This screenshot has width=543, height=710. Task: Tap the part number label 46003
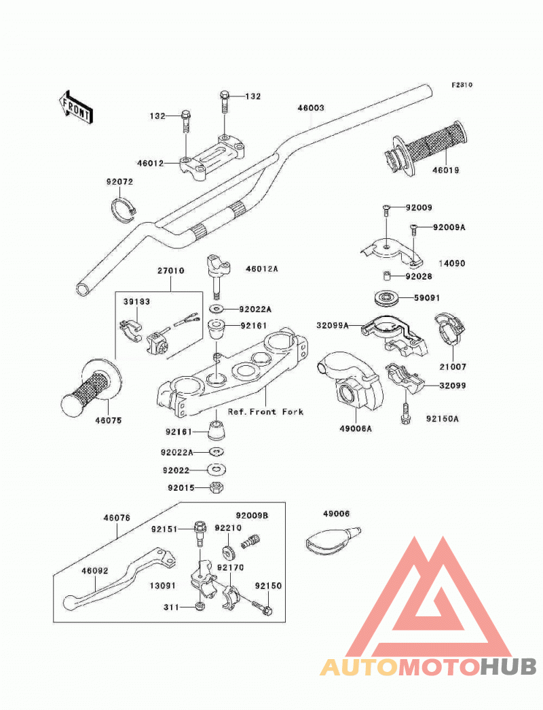tap(311, 108)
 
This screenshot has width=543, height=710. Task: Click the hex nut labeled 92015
tap(217, 487)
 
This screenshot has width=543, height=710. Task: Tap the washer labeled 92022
tap(217, 470)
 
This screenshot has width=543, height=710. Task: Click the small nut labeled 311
tap(200, 606)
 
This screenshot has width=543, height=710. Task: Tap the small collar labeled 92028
tap(385, 276)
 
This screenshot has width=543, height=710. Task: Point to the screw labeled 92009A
tap(413, 231)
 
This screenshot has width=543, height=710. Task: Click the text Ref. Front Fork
tap(265, 411)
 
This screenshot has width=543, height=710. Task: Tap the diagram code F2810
tap(462, 85)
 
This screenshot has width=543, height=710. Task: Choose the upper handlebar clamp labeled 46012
tap(213, 157)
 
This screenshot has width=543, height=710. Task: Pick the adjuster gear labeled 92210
tap(229, 553)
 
